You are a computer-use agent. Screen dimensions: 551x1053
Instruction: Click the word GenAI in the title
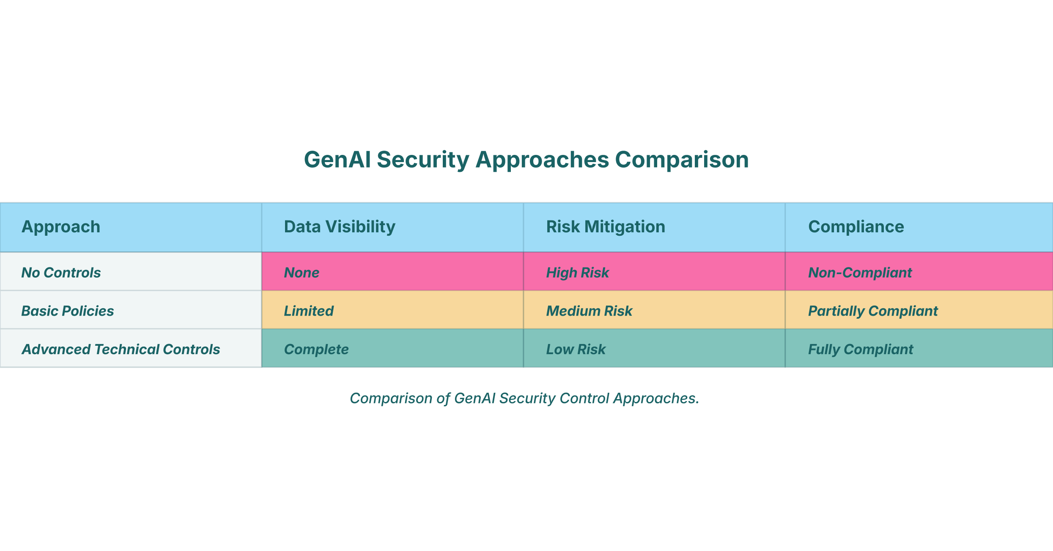337,161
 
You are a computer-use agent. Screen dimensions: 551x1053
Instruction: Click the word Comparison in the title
682,161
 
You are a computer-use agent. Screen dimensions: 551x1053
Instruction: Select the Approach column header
61,227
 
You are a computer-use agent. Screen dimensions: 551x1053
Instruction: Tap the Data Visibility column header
340,227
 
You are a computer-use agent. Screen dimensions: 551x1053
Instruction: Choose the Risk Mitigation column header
606,227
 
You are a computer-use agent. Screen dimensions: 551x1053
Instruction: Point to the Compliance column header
856,227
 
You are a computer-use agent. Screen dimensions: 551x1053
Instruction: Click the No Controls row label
61,273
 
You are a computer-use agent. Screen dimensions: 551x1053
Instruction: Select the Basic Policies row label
68,311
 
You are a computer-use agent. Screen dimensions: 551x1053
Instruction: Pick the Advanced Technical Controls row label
121,350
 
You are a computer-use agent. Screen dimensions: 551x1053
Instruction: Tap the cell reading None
302,273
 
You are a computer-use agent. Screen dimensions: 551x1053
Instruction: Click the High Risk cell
577,273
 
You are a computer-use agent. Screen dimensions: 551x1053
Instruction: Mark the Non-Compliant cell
860,273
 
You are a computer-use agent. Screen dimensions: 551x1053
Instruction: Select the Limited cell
309,311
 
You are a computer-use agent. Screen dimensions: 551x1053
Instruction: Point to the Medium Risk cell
589,311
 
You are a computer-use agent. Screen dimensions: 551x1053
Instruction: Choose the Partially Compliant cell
873,311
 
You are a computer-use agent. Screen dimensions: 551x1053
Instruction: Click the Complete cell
316,350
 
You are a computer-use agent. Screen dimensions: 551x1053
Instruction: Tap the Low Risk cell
576,350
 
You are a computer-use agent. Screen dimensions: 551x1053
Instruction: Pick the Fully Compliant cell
861,350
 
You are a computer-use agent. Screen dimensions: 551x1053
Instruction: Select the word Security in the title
423,161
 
